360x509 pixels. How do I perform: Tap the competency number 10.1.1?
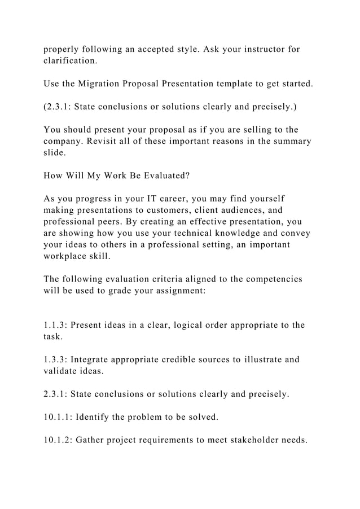pos(58,417)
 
